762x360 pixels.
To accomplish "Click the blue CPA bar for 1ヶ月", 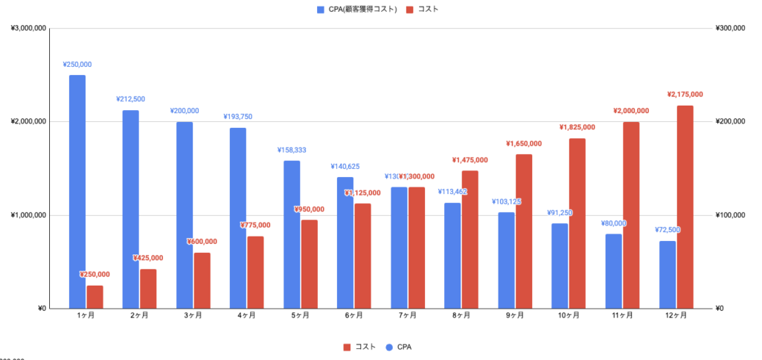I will pos(77,191).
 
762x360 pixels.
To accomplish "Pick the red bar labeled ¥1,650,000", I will pos(524,231).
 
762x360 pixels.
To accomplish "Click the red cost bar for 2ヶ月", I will pos(148,289).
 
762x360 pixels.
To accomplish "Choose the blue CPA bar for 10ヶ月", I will pos(560,266).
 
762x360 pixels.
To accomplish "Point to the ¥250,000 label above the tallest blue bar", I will pos(77,65).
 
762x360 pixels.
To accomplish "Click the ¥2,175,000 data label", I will pos(685,94).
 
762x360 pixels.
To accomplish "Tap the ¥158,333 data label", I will pos(292,150).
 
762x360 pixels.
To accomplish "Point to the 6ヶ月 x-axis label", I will pos(353,315).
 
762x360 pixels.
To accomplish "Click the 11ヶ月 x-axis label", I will pos(621,315).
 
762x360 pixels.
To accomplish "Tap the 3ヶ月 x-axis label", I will pos(193,315).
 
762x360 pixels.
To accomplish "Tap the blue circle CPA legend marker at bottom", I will pos(388,347).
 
